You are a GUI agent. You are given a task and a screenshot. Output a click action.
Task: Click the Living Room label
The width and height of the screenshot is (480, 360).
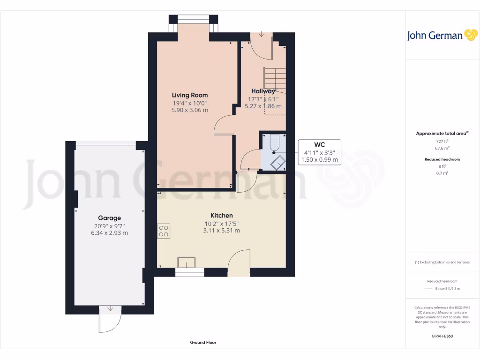tap(189, 95)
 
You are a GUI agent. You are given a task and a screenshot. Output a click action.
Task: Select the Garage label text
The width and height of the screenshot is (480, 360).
tap(109, 218)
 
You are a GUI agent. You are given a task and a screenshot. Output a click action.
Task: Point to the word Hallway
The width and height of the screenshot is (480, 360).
tap(263, 91)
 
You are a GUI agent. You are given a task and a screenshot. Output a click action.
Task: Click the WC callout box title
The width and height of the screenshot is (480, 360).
tap(319, 144)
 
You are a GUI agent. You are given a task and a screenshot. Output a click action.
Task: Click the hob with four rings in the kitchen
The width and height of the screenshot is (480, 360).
tap(164, 231)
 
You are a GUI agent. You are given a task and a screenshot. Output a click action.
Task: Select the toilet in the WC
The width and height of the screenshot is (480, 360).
tap(274, 142)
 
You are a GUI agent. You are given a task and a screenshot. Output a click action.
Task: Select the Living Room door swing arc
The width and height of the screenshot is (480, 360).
tap(223, 125)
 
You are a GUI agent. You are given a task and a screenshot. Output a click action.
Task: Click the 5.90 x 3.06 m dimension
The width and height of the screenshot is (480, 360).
tap(189, 110)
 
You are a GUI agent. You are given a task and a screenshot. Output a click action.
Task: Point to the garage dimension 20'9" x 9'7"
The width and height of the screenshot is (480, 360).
tap(109, 225)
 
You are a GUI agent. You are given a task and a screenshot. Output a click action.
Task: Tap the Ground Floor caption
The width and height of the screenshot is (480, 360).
tap(203, 343)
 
